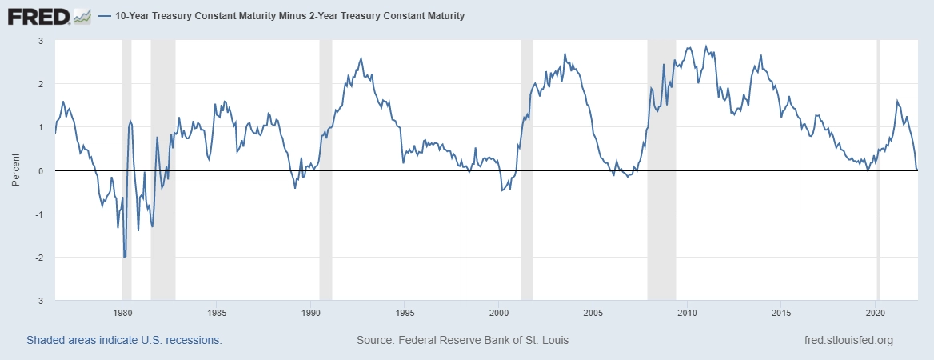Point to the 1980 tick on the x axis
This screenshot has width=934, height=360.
pyautogui.click(x=122, y=312)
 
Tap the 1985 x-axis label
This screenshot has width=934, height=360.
pyautogui.click(x=215, y=312)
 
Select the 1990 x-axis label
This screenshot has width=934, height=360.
pyautogui.click(x=309, y=312)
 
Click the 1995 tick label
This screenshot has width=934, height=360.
pyautogui.click(x=404, y=312)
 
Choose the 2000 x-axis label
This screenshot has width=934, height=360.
pyautogui.click(x=498, y=312)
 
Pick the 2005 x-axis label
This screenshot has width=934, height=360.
pyautogui.click(x=593, y=312)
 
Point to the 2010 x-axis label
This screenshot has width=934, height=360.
pyautogui.click(x=687, y=312)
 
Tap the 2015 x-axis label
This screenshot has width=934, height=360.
pyautogui.click(x=781, y=312)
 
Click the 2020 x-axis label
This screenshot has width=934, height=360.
pyautogui.click(x=876, y=312)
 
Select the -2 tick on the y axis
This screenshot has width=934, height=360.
pyautogui.click(x=38, y=258)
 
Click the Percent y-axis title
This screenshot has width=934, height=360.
pyautogui.click(x=15, y=171)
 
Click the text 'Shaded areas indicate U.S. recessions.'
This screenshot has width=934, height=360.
pyautogui.click(x=124, y=341)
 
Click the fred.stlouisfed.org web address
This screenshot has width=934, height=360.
pyautogui.click(x=848, y=341)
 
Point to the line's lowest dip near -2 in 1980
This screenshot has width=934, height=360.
pyautogui.click(x=125, y=257)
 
